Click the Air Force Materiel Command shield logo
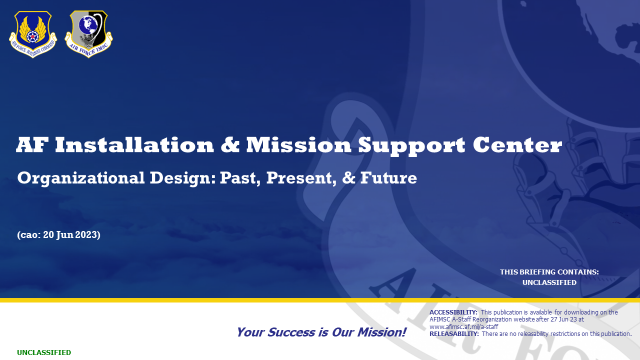(33, 34)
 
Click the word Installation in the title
(134, 145)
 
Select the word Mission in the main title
(298, 145)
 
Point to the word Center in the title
(517, 145)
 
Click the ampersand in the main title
(230, 145)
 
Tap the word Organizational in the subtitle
(81, 178)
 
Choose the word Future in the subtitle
(388, 177)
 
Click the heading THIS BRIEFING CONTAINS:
(549, 272)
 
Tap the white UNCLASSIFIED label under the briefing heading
(549, 282)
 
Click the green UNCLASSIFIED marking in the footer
(44, 352)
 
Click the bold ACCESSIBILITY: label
(453, 312)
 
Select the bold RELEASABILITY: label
(454, 333)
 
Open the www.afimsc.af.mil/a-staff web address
(463, 326)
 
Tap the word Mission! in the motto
(381, 332)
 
